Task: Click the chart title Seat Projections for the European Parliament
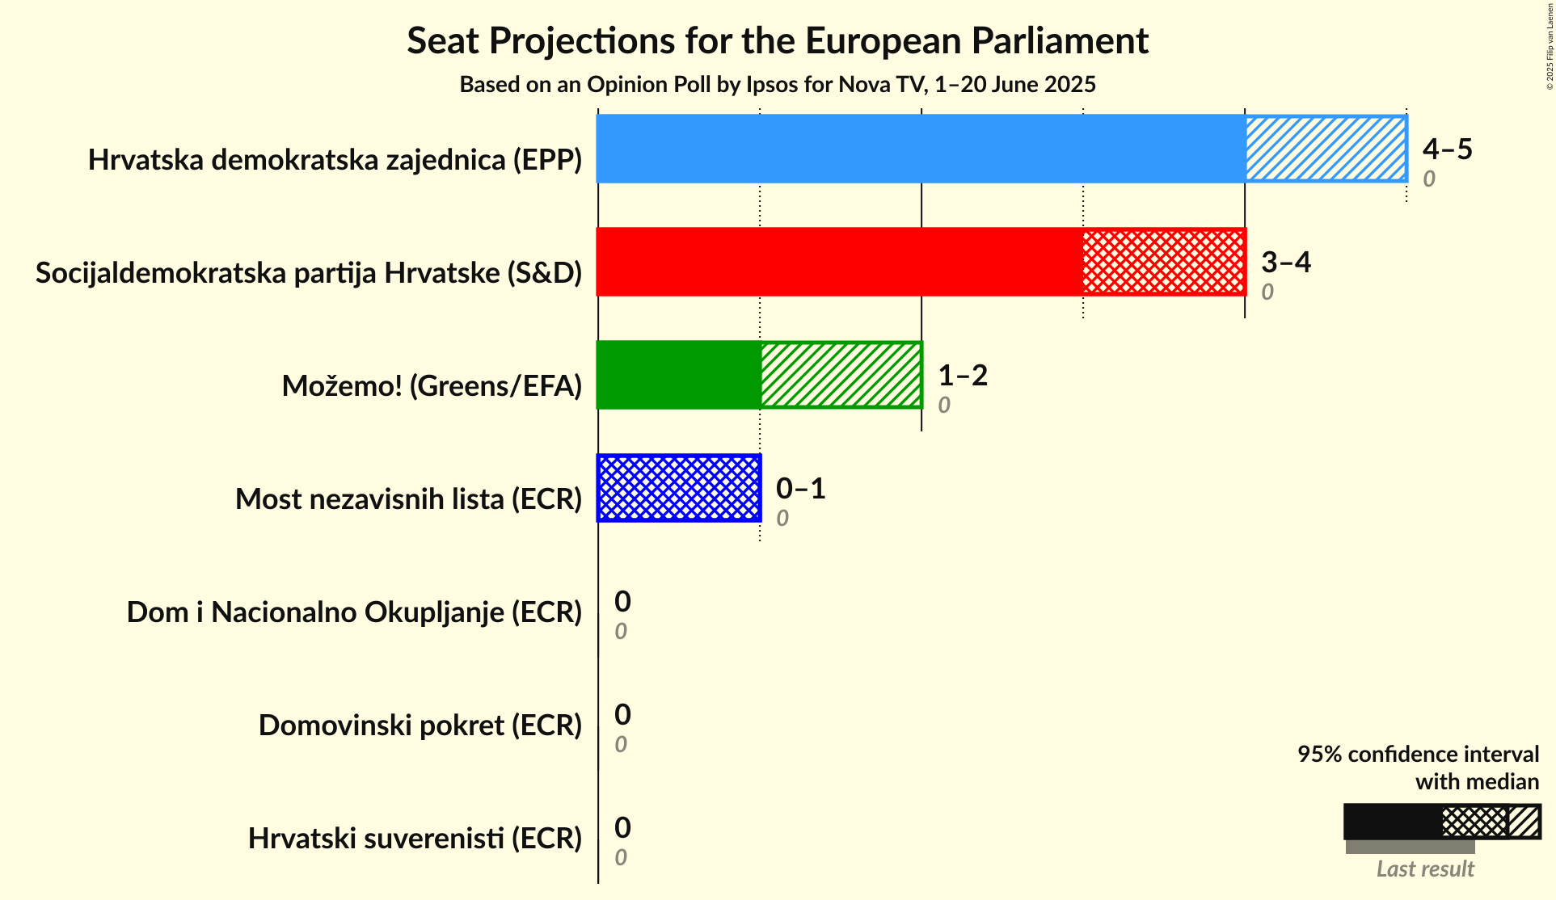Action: pyautogui.click(x=778, y=40)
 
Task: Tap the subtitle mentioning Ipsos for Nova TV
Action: pyautogui.click(x=778, y=84)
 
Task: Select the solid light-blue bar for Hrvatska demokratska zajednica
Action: pyautogui.click(x=921, y=149)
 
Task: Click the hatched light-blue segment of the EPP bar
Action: pyautogui.click(x=1326, y=149)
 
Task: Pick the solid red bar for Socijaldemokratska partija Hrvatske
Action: pyautogui.click(x=839, y=262)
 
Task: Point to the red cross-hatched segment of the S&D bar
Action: pyautogui.click(x=1164, y=262)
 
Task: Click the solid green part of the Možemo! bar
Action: pyautogui.click(x=679, y=375)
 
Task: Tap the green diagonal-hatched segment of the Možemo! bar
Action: pyautogui.click(x=841, y=375)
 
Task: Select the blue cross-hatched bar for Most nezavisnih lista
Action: pyautogui.click(x=679, y=488)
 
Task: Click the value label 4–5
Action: pyautogui.click(x=1447, y=149)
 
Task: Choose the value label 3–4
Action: pyautogui.click(x=1285, y=262)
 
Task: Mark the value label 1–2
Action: pyautogui.click(x=962, y=375)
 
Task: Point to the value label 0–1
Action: pyautogui.click(x=800, y=488)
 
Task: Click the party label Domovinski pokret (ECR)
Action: pyautogui.click(x=420, y=725)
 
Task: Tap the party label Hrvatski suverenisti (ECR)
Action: pyautogui.click(x=415, y=839)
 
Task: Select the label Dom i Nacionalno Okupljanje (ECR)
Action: pyautogui.click(x=354, y=612)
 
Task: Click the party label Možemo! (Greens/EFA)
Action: pyautogui.click(x=432, y=386)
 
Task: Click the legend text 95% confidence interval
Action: pyautogui.click(x=1418, y=754)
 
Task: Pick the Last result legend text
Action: pyautogui.click(x=1425, y=869)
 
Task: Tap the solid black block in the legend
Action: pyautogui.click(x=1393, y=822)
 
